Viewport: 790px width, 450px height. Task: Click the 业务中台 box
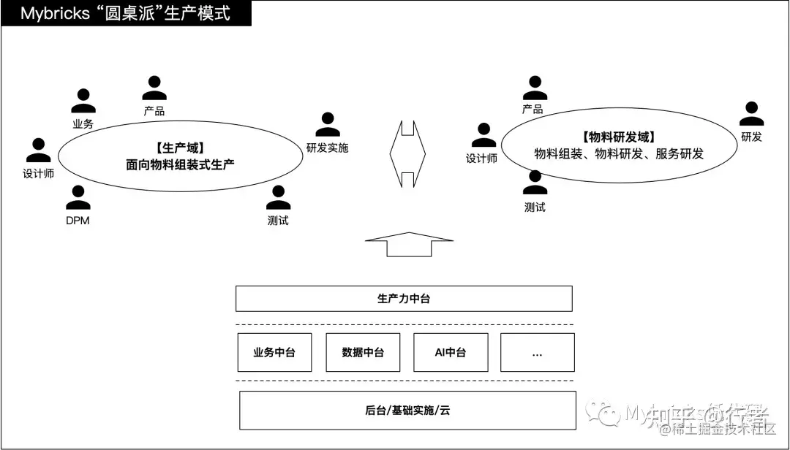coord(274,352)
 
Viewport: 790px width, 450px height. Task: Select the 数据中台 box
coord(362,352)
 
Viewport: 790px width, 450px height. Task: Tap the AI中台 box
coord(450,352)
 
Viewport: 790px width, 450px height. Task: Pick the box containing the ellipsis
coord(537,352)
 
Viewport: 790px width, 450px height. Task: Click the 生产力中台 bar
coord(404,299)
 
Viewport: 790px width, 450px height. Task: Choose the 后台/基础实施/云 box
coord(407,411)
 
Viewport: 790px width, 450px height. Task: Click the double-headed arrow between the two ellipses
coord(407,154)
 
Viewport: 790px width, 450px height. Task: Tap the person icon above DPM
coord(78,198)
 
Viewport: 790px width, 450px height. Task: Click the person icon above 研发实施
coord(327,125)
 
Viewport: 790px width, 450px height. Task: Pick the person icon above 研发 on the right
coord(751,114)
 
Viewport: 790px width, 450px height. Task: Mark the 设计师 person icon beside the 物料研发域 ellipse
coord(483,136)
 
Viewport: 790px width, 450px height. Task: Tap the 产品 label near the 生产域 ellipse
coord(154,112)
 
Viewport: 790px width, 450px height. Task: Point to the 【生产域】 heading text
coord(179,148)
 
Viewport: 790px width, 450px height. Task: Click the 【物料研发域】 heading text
coord(618,137)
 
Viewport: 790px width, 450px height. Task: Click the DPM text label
coord(78,220)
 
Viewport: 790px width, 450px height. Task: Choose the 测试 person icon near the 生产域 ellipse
coord(278,198)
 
